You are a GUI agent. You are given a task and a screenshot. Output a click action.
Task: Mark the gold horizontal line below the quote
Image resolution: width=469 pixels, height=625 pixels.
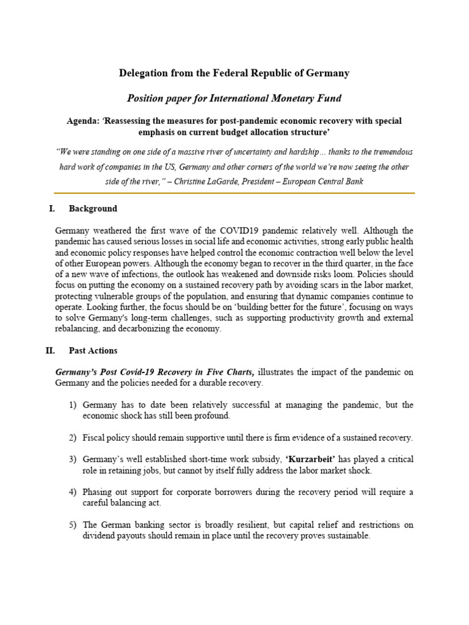(234, 193)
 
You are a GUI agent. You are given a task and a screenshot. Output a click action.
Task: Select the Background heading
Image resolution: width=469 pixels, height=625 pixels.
(93, 209)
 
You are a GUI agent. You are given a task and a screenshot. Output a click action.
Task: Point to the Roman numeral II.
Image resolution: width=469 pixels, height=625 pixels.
(50, 351)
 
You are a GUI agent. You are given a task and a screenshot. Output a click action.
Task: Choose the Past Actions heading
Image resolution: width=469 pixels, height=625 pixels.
(93, 351)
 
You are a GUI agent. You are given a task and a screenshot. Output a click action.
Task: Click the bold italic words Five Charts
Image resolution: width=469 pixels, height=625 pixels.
(233, 372)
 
